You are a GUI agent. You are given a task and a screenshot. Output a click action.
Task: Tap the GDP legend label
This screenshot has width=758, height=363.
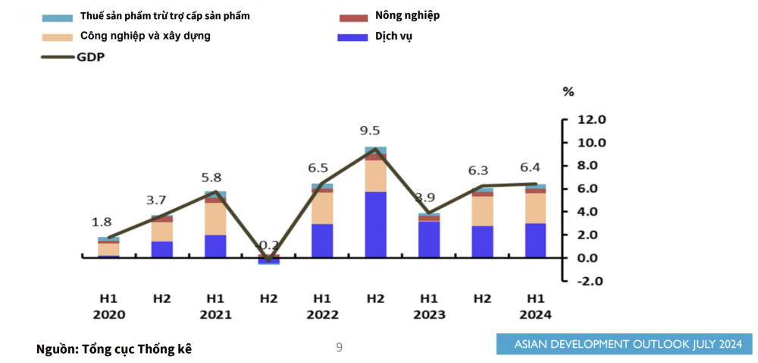90,56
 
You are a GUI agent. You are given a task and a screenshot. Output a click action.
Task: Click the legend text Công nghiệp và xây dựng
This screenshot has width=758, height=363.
146,36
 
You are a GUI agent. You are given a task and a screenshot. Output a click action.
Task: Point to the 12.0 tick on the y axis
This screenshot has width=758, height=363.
591,119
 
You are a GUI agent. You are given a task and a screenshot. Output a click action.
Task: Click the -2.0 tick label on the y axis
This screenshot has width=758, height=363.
591,280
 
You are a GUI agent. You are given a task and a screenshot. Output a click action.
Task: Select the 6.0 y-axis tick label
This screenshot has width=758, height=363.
591,188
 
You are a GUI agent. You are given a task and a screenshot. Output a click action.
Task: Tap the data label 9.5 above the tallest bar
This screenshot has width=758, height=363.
370,131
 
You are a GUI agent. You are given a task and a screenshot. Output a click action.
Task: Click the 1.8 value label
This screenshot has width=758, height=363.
102,223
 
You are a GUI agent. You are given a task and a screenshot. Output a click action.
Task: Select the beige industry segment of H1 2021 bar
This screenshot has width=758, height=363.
215,219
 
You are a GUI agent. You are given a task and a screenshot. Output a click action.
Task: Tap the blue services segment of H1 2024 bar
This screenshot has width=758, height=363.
535,240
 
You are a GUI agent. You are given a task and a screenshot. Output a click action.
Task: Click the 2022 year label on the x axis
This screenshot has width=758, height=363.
322,314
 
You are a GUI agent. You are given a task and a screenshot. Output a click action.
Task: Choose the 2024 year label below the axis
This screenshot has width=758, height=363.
535,314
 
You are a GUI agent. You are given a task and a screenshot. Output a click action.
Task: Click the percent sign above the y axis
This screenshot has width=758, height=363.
568,92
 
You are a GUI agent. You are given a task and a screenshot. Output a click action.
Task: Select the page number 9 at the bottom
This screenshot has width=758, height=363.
340,348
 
